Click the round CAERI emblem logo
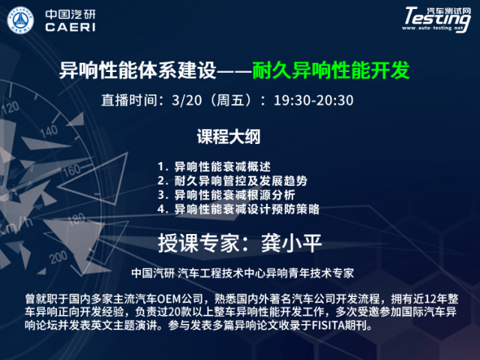[x=20, y=20]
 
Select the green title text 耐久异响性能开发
[x=331, y=70]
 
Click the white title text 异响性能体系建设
[x=138, y=70]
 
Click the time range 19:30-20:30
[x=313, y=100]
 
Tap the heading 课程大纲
[x=229, y=136]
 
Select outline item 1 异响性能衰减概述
[x=214, y=166]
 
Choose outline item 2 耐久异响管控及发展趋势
[x=232, y=181]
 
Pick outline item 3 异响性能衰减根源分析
[x=226, y=195]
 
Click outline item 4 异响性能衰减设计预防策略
[x=238, y=209]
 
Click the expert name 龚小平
[x=291, y=243]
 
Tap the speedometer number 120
[x=10, y=108]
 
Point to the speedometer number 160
[x=72, y=170]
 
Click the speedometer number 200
[x=58, y=257]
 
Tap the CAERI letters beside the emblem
[x=70, y=27]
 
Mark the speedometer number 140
[x=49, y=131]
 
